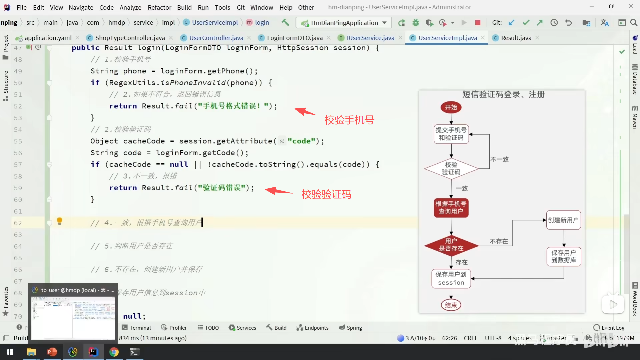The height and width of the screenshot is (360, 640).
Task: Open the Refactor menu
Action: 159,7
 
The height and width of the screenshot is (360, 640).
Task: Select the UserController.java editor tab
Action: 216,38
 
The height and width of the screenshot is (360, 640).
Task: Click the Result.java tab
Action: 516,38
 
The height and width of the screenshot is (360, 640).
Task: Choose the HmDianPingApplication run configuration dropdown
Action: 344,23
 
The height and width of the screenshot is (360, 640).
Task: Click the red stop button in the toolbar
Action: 478,23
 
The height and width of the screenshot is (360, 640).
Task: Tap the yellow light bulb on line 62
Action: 60,221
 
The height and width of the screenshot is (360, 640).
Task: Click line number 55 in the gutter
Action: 18,141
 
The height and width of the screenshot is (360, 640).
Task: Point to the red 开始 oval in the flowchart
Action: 451,107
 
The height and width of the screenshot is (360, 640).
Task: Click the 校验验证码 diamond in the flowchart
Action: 451,168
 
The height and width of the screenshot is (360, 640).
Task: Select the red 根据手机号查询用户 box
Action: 451,207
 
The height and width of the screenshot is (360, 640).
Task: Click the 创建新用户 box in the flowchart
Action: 563,220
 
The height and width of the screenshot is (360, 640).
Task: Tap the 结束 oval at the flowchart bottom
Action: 451,305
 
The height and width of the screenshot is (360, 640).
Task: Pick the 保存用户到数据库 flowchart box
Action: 564,256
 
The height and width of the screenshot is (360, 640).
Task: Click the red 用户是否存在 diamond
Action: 451,245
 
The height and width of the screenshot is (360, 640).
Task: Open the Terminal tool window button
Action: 136,328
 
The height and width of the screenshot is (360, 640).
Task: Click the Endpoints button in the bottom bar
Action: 313,328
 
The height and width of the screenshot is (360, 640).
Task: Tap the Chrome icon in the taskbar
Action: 114,352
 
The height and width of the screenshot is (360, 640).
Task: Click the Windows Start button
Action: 10,352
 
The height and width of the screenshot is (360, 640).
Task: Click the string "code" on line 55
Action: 301,141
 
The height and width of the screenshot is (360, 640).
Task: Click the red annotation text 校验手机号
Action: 349,120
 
